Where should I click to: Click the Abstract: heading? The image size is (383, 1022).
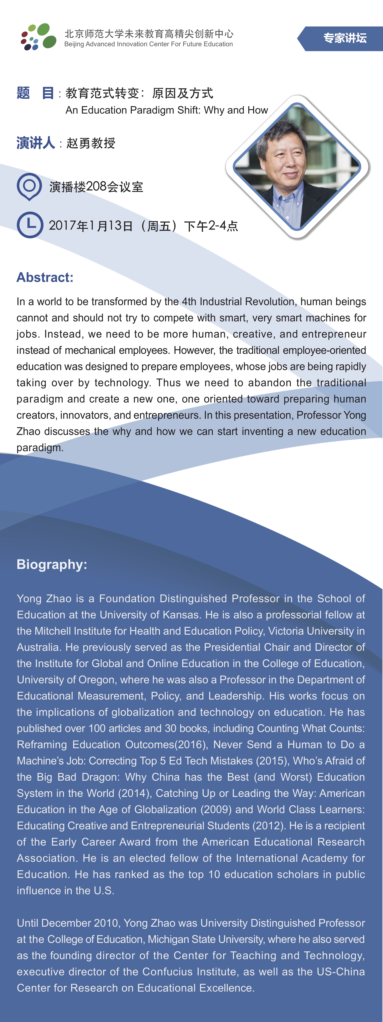[45, 277]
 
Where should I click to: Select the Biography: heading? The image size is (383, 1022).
[51, 564]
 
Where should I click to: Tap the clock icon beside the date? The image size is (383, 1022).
[30, 225]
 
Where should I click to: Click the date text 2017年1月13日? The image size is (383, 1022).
[90, 226]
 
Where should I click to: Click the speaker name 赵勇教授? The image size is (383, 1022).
[91, 143]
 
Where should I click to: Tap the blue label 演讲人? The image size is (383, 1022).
[36, 143]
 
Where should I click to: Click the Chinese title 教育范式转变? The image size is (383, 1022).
[102, 93]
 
